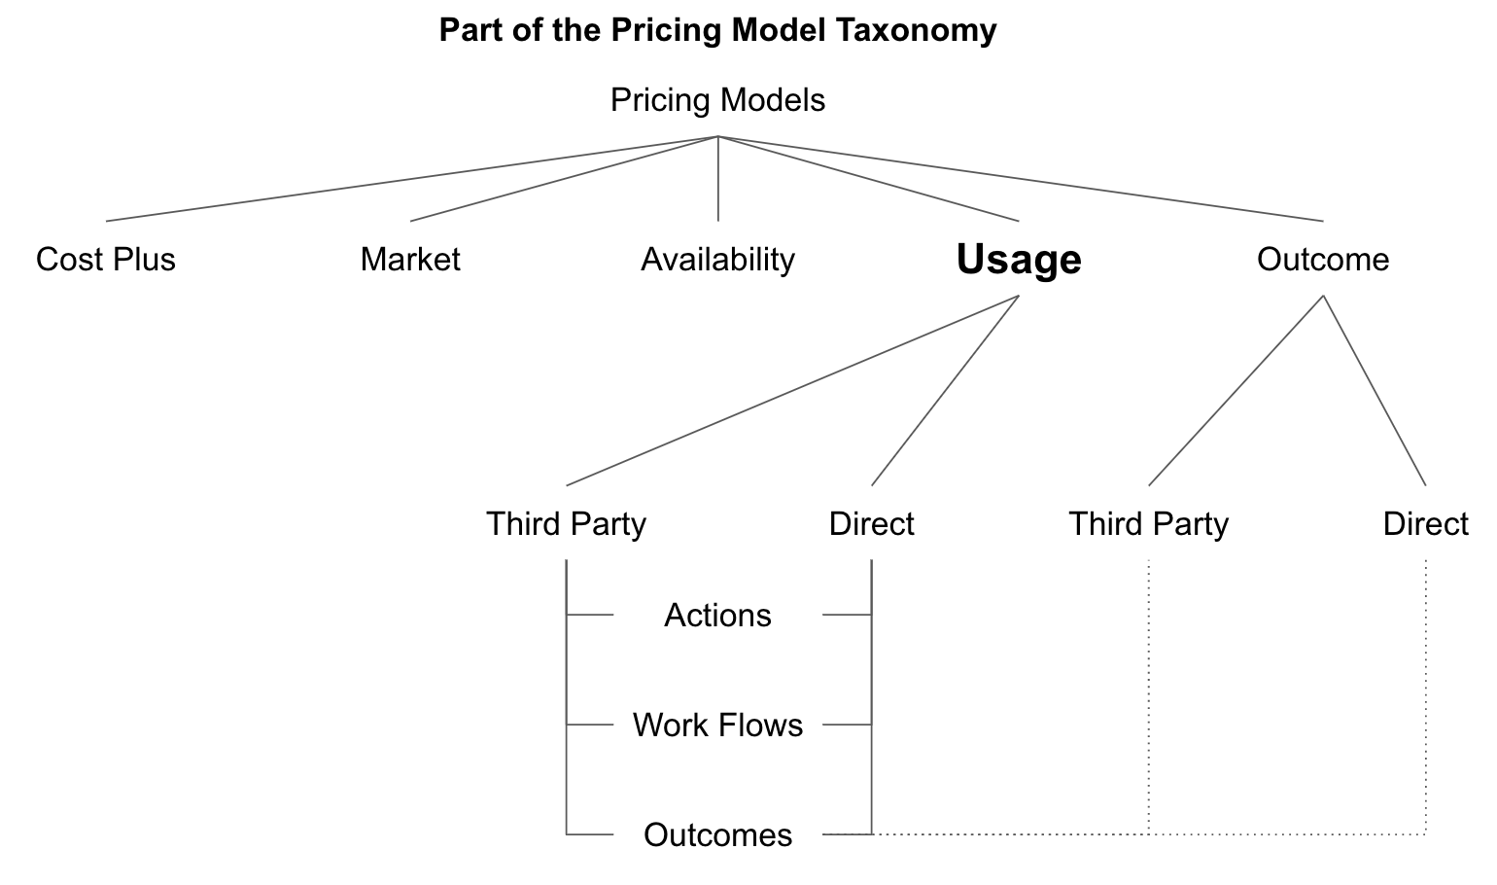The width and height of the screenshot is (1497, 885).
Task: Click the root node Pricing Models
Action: point(717,100)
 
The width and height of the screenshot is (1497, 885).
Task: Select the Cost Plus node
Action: point(106,260)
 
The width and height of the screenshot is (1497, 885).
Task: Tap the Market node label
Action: point(409,260)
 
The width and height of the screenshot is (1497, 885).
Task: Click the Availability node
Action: point(717,260)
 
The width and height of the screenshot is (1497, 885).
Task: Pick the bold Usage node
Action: point(1019,260)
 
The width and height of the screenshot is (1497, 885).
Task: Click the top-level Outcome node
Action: point(1322,260)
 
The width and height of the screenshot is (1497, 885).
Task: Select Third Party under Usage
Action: point(566,524)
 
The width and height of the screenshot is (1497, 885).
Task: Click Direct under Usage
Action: point(871,524)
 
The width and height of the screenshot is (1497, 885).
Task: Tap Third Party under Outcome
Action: point(1148,524)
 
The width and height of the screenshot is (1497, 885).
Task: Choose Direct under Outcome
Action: point(1425,524)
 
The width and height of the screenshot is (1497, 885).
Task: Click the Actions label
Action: point(717,616)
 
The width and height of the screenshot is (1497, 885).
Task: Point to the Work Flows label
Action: point(717,726)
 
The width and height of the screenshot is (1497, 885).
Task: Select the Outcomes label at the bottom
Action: point(717,835)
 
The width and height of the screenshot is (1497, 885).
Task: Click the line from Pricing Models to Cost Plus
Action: point(412,179)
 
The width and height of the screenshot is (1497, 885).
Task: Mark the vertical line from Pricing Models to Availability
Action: point(718,179)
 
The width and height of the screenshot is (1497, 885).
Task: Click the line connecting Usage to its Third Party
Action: point(792,391)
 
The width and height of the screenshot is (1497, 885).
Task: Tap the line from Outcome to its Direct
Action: point(1375,391)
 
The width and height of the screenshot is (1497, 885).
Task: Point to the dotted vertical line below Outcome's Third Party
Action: point(1149,695)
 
